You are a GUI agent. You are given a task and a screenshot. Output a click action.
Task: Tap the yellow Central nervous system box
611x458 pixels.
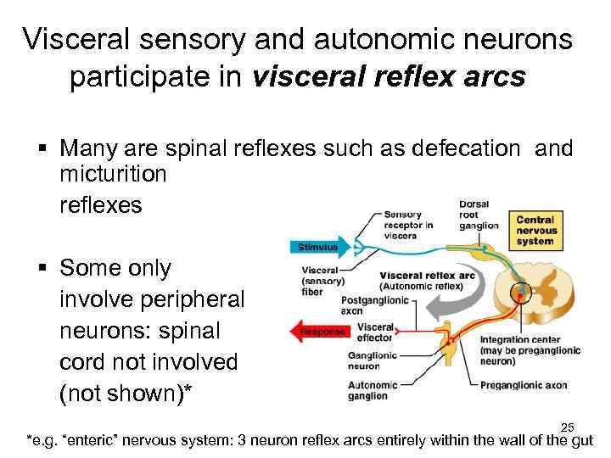pos(537,230)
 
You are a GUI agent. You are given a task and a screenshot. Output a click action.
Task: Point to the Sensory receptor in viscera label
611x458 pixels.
pos(409,225)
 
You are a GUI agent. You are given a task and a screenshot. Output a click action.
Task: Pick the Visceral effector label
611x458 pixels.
pos(376,332)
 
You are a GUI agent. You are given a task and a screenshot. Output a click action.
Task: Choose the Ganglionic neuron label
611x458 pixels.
pos(375,361)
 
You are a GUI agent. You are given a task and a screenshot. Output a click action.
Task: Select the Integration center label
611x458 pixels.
pos(528,350)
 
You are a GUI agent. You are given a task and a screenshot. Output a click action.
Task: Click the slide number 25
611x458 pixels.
pos(569,427)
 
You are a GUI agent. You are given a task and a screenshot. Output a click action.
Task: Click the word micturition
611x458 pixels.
pos(113,175)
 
